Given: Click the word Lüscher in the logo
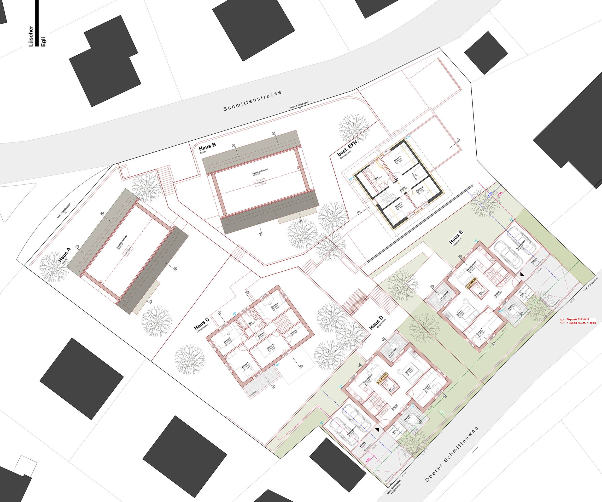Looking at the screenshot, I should click(31, 36).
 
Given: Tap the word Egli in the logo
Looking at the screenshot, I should click(44, 42).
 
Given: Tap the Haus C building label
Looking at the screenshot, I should click(201, 323).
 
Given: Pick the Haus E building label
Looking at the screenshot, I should click(456, 237).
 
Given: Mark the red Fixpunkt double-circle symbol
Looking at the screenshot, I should click(562, 322).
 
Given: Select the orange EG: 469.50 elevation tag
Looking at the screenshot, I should click(472, 283).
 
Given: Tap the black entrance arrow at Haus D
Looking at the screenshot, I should click(377, 430).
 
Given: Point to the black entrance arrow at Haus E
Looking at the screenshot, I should click(522, 274).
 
